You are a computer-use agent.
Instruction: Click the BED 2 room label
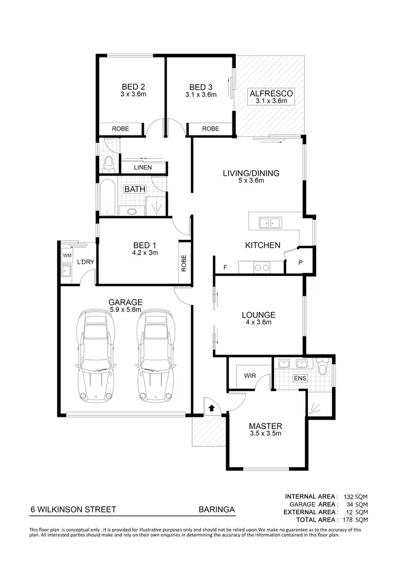pyautogui.click(x=133, y=87)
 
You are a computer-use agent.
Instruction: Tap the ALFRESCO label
pyautogui.click(x=271, y=94)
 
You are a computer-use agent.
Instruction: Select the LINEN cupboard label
pyautogui.click(x=142, y=168)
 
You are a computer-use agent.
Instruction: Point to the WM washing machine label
pyautogui.click(x=67, y=256)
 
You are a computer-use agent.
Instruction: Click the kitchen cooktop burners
pyautogui.click(x=261, y=267)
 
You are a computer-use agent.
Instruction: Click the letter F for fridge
pyautogui.click(x=226, y=267)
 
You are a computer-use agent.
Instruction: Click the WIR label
pyautogui.click(x=250, y=376)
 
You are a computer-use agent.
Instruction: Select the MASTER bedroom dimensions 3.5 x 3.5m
pyautogui.click(x=265, y=434)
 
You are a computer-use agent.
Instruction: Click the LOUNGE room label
pyautogui.click(x=258, y=315)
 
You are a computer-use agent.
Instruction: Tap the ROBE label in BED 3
pyautogui.click(x=211, y=128)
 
